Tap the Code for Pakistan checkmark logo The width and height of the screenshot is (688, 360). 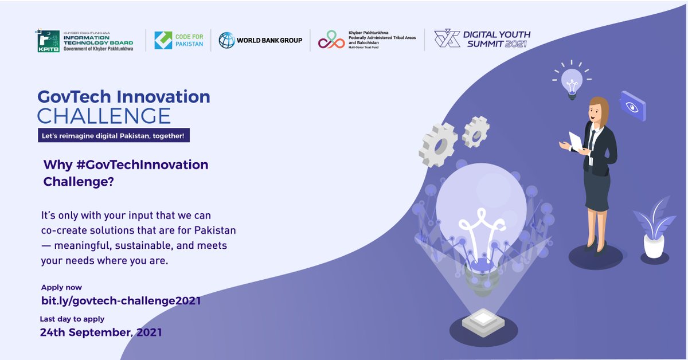click(x=163, y=40)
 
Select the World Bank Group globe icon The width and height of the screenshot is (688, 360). click(x=227, y=40)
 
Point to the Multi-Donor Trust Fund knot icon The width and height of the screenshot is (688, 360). click(x=332, y=40)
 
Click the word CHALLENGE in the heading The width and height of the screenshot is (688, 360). click(x=104, y=115)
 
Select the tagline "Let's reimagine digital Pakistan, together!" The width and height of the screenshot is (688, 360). click(x=112, y=136)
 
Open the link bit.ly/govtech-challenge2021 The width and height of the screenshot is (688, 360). click(x=121, y=300)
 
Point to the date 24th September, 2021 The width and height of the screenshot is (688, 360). click(x=101, y=332)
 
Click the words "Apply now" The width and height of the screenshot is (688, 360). click(x=61, y=287)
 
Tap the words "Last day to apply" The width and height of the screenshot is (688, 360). click(x=72, y=319)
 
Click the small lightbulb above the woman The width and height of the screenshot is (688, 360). click(x=571, y=82)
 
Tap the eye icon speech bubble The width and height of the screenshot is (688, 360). click(x=632, y=107)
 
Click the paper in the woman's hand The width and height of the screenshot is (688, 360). click(x=576, y=142)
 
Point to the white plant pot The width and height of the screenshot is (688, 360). click(x=654, y=245)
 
